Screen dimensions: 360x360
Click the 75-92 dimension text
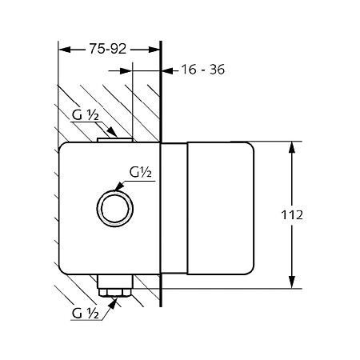click(107, 49)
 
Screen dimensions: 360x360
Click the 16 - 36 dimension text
click(203, 70)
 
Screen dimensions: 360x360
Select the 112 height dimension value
click(292, 215)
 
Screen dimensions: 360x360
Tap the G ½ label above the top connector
click(86, 115)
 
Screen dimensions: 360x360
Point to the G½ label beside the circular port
click(140, 172)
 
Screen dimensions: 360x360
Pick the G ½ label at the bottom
click(86, 313)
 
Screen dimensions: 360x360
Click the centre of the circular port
click(115, 208)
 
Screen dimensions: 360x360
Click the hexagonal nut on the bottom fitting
click(115, 293)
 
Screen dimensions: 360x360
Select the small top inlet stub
click(115, 140)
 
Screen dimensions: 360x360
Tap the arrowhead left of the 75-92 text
click(65, 50)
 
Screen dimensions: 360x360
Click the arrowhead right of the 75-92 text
click(154, 50)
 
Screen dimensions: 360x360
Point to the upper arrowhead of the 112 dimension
click(292, 147)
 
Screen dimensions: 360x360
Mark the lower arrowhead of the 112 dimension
click(292, 282)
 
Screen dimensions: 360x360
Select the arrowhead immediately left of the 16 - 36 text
click(168, 71)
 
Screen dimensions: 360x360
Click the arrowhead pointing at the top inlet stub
click(112, 132)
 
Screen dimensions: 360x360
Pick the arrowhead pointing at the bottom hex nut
click(113, 304)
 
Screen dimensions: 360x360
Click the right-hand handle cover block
click(221, 208)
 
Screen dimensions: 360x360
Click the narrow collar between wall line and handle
click(174, 208)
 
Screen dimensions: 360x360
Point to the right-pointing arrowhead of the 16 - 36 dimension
click(126, 71)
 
